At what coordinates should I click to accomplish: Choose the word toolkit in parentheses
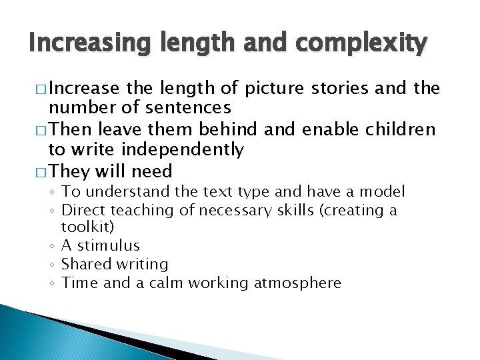(x=84, y=228)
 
